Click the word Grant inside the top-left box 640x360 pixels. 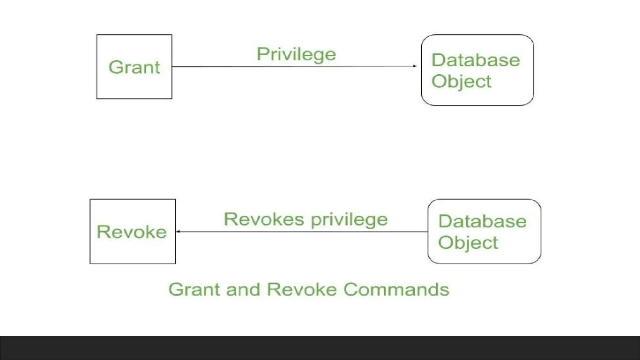point(134,67)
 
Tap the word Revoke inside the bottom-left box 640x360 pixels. point(132,232)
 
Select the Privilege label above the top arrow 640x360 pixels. point(296,55)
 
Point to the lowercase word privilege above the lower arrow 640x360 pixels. point(349,220)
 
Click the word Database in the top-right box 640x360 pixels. point(476,60)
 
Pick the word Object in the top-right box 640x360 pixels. point(461,82)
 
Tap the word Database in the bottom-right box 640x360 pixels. point(482,221)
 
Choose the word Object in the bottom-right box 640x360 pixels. point(468,243)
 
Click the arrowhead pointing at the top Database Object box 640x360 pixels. point(415,66)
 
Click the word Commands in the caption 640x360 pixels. point(396,289)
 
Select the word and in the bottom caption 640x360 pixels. point(243,289)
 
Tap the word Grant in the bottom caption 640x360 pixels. point(194,289)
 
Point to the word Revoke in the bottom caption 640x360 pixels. point(302,289)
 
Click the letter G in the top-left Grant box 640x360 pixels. point(115,67)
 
